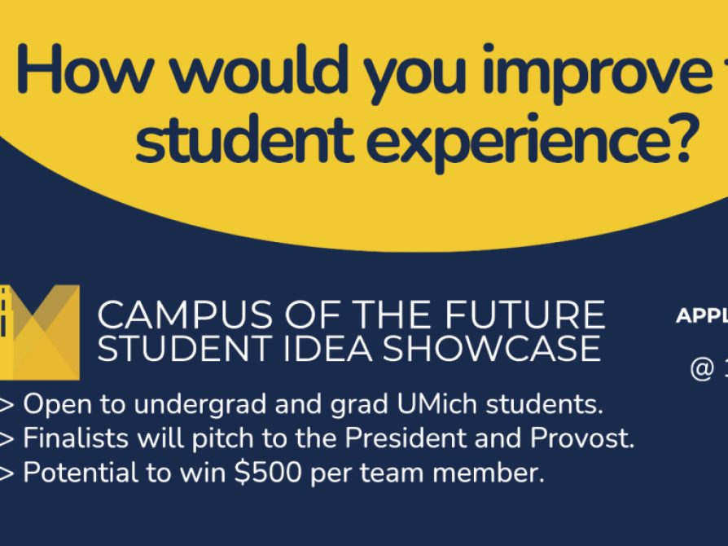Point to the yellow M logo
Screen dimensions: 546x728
pos(41,331)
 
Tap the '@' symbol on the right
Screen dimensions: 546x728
pos(701,368)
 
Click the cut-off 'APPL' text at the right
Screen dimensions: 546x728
pos(701,316)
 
